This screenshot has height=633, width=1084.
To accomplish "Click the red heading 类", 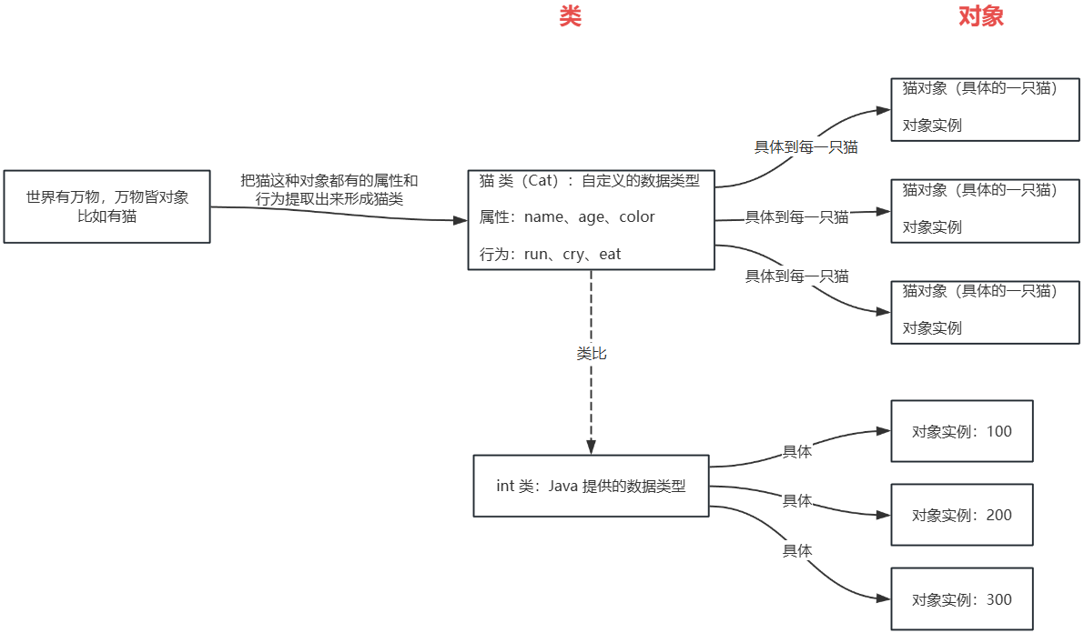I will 570,17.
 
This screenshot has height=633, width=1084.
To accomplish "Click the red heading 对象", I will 981,17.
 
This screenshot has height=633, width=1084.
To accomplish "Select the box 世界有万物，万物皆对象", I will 106,206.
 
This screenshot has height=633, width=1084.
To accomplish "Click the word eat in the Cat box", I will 610,255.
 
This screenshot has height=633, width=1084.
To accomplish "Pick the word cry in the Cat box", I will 572,255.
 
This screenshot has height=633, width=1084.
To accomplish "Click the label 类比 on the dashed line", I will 592,354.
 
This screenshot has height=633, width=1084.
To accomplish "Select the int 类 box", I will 591,486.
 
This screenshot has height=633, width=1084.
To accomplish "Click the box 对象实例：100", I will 962,431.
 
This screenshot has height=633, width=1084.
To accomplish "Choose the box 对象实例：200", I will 962,515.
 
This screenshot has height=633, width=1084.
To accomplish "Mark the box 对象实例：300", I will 962,599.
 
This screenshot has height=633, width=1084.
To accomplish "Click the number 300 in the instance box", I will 998,600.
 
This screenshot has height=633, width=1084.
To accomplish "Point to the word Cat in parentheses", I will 542,180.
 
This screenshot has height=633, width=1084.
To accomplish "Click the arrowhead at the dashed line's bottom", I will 592,447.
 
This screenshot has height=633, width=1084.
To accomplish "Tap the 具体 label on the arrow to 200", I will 797,500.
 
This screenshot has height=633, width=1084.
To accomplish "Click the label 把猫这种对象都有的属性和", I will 329,181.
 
